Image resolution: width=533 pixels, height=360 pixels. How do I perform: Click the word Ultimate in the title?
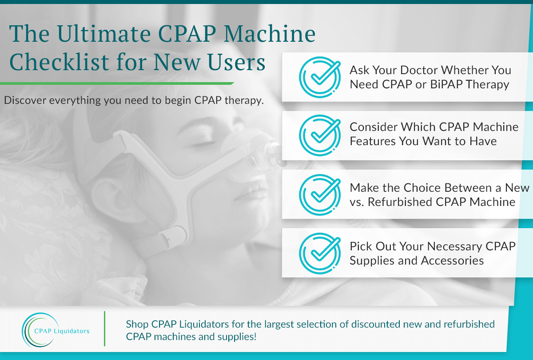point(103,34)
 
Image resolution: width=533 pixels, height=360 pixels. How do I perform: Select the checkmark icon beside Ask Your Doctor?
point(320,77)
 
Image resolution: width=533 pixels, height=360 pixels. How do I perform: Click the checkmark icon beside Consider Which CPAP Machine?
point(320,135)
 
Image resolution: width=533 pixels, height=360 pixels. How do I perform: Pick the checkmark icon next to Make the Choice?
point(320,195)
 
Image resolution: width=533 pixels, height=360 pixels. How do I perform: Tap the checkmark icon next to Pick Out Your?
point(320,253)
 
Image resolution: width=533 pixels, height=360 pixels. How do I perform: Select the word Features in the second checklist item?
point(372,141)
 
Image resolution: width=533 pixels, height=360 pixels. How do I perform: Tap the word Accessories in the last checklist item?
point(452,261)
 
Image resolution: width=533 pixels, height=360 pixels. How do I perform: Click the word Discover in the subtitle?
point(25,100)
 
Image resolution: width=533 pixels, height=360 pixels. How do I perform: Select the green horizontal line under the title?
point(117,83)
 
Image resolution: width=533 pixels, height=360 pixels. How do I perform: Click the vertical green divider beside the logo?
point(104,328)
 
